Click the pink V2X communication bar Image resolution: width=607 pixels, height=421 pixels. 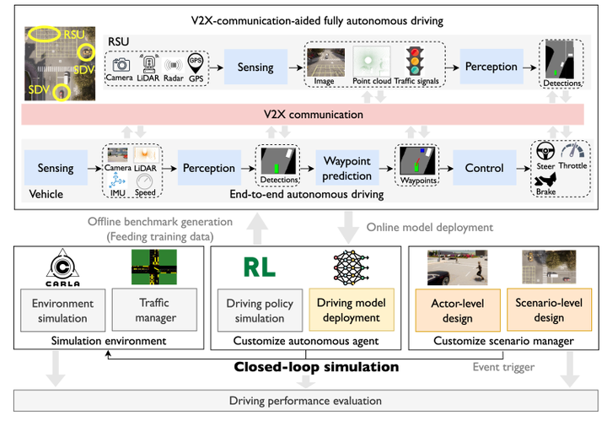point(303,114)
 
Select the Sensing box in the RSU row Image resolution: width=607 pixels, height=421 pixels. point(255,67)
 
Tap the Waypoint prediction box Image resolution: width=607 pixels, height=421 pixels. point(346,168)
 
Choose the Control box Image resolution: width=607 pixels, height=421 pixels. point(484,168)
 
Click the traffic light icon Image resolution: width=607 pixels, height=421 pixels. point(415,62)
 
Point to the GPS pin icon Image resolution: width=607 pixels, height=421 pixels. point(196,63)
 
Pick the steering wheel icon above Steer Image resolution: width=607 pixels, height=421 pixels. point(545,151)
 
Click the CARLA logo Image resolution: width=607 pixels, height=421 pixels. point(62,267)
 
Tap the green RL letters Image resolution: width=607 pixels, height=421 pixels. point(260,267)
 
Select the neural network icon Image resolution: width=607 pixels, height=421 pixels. point(351,267)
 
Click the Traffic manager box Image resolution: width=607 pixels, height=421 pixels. point(154,310)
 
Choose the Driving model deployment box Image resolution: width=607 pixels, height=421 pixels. point(352,310)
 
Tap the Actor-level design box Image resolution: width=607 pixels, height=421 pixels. point(458,310)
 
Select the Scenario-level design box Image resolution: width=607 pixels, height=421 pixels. point(550,310)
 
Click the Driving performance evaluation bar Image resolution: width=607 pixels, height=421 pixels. point(306,401)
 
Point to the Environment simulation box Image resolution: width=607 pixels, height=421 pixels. point(62,310)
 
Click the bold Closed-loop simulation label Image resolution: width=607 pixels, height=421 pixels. point(316,367)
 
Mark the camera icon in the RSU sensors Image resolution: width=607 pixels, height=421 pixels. point(121,64)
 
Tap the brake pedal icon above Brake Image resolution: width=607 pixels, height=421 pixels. point(545,180)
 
